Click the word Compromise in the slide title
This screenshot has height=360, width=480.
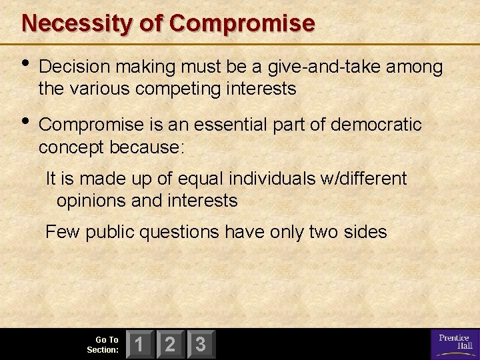coord(242,23)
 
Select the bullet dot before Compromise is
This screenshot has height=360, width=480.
coord(26,122)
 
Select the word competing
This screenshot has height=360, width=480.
coord(174,88)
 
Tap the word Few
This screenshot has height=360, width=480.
coord(62,232)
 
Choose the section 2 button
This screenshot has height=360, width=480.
coord(170,344)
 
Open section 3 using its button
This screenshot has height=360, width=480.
coord(201,344)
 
